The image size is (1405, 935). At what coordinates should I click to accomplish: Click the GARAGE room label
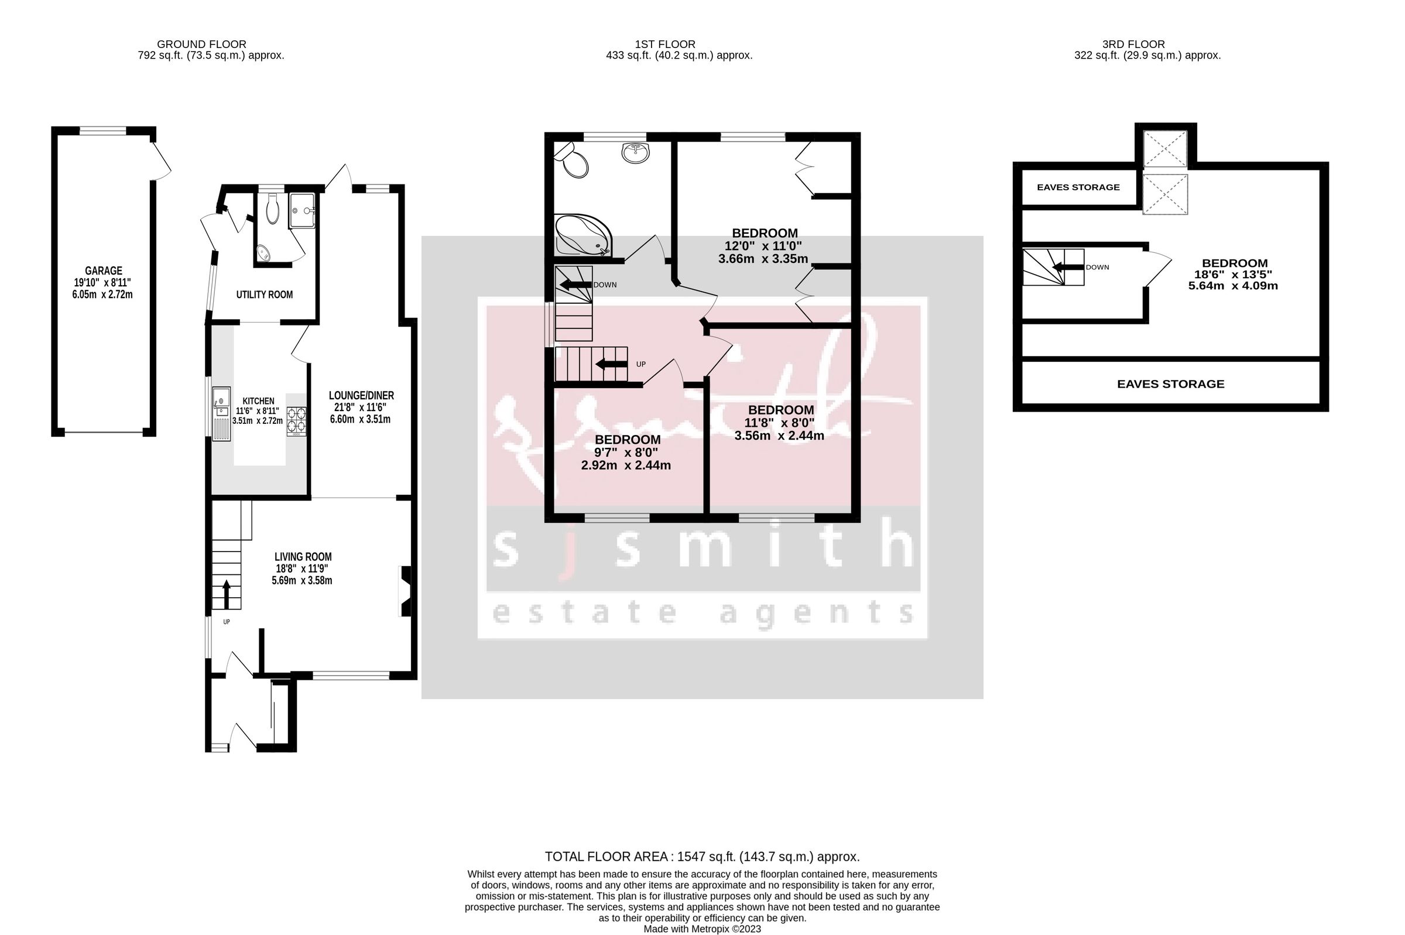coord(103,270)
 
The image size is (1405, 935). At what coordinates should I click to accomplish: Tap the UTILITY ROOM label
coord(264,294)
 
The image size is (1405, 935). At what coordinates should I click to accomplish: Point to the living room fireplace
coord(405,591)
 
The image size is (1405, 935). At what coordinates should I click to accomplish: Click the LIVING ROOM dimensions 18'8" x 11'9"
coord(301,569)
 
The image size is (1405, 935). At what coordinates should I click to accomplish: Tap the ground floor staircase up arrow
coord(227,594)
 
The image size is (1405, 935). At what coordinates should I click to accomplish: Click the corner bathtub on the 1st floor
coord(582,236)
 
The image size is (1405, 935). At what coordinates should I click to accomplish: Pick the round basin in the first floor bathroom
coord(636,152)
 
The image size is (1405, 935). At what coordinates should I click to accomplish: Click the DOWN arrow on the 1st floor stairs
coord(575,285)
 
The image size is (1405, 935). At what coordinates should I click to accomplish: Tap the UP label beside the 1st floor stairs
coord(641,364)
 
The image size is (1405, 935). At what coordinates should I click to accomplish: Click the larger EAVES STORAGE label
coord(1170,384)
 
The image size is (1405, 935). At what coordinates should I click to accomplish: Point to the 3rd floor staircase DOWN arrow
coord(1067,268)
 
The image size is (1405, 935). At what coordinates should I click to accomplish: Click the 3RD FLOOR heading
coord(1133,44)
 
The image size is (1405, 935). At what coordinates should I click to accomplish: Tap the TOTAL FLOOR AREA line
coord(701,857)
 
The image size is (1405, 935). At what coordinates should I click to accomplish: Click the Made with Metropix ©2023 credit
coord(701,929)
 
